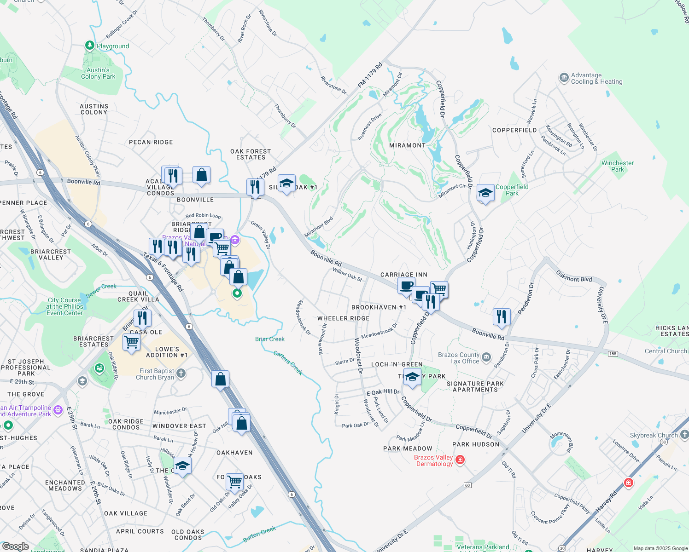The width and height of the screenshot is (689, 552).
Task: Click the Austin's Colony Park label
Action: (x=98, y=74)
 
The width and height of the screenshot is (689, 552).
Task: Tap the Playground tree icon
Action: (x=90, y=46)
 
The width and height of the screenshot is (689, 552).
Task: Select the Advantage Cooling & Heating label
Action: (x=596, y=79)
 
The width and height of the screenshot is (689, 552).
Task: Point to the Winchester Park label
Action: (x=617, y=166)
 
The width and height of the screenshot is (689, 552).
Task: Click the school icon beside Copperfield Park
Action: (x=485, y=194)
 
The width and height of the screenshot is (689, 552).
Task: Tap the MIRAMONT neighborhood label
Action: (x=407, y=145)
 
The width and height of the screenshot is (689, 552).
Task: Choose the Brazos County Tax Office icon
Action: (x=486, y=357)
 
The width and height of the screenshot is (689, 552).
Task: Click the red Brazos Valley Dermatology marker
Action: (x=460, y=460)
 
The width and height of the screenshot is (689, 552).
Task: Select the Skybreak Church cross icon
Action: (x=684, y=434)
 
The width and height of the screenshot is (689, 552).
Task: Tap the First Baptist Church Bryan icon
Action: (x=181, y=373)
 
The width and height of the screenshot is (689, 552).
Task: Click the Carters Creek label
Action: (x=288, y=362)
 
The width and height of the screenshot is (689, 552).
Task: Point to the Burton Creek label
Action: (x=259, y=534)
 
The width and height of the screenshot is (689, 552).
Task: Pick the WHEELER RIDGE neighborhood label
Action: (x=343, y=318)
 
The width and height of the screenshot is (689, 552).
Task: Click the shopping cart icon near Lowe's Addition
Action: (x=132, y=343)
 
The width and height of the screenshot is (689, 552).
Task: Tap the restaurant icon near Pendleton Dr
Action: (x=502, y=317)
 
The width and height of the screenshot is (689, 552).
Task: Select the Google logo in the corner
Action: (x=15, y=546)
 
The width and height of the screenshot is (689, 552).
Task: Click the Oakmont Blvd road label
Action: (x=574, y=276)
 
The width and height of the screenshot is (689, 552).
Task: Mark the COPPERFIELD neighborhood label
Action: (x=514, y=130)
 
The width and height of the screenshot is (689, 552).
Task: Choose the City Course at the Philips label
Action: (x=64, y=306)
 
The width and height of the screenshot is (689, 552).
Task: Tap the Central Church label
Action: (x=666, y=351)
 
